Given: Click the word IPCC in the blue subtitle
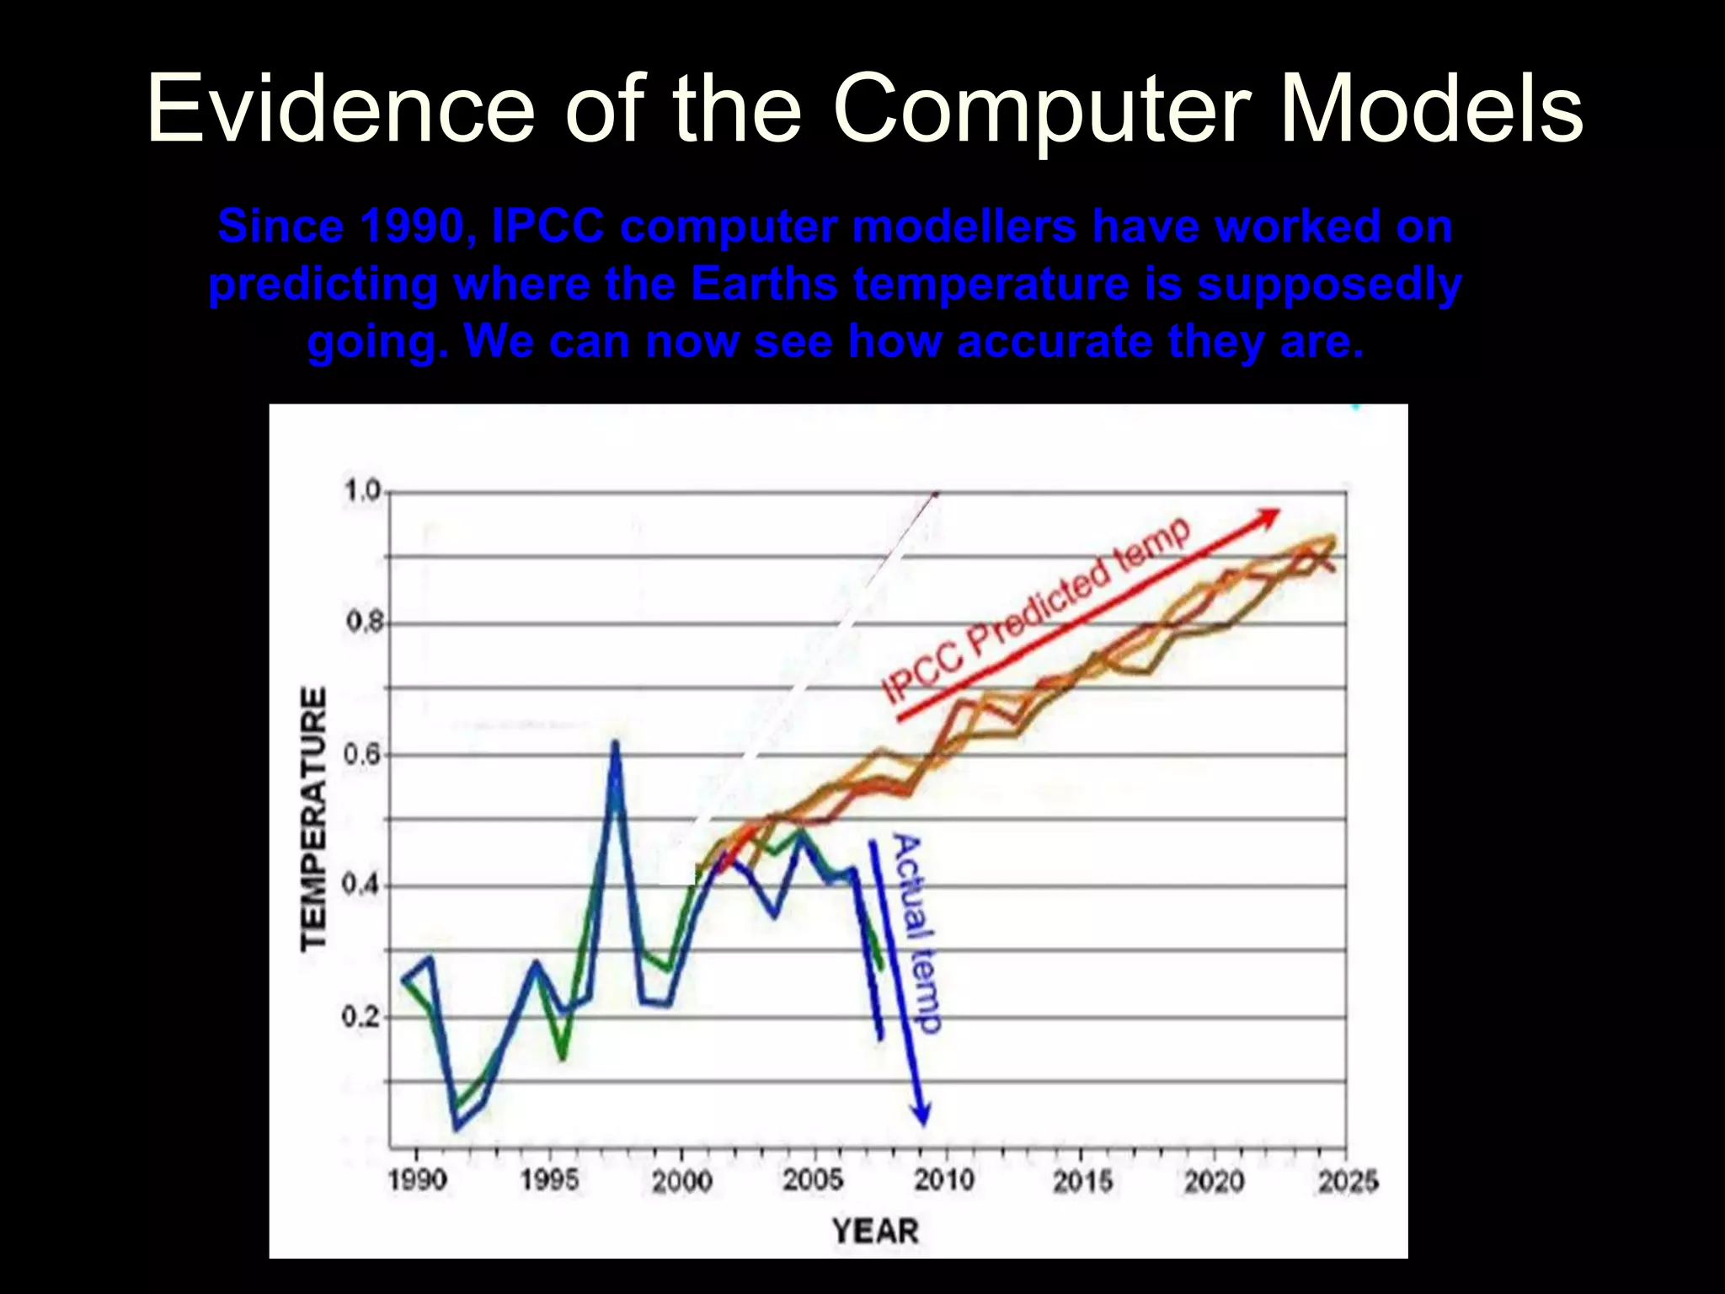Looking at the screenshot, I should tap(547, 227).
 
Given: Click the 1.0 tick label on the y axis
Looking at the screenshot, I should tap(363, 490).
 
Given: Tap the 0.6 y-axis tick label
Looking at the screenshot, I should tap(363, 754).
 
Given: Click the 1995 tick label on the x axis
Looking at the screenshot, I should tap(549, 1179).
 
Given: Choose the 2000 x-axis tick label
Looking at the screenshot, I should tap(681, 1180).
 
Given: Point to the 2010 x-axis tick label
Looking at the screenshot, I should tap(945, 1179).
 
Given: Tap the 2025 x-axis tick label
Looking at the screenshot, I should tap(1347, 1181).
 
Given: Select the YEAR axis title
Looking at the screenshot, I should tap(875, 1231).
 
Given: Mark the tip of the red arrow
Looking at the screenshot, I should tap(1279, 511).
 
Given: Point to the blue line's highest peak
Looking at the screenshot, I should tap(615, 743).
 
